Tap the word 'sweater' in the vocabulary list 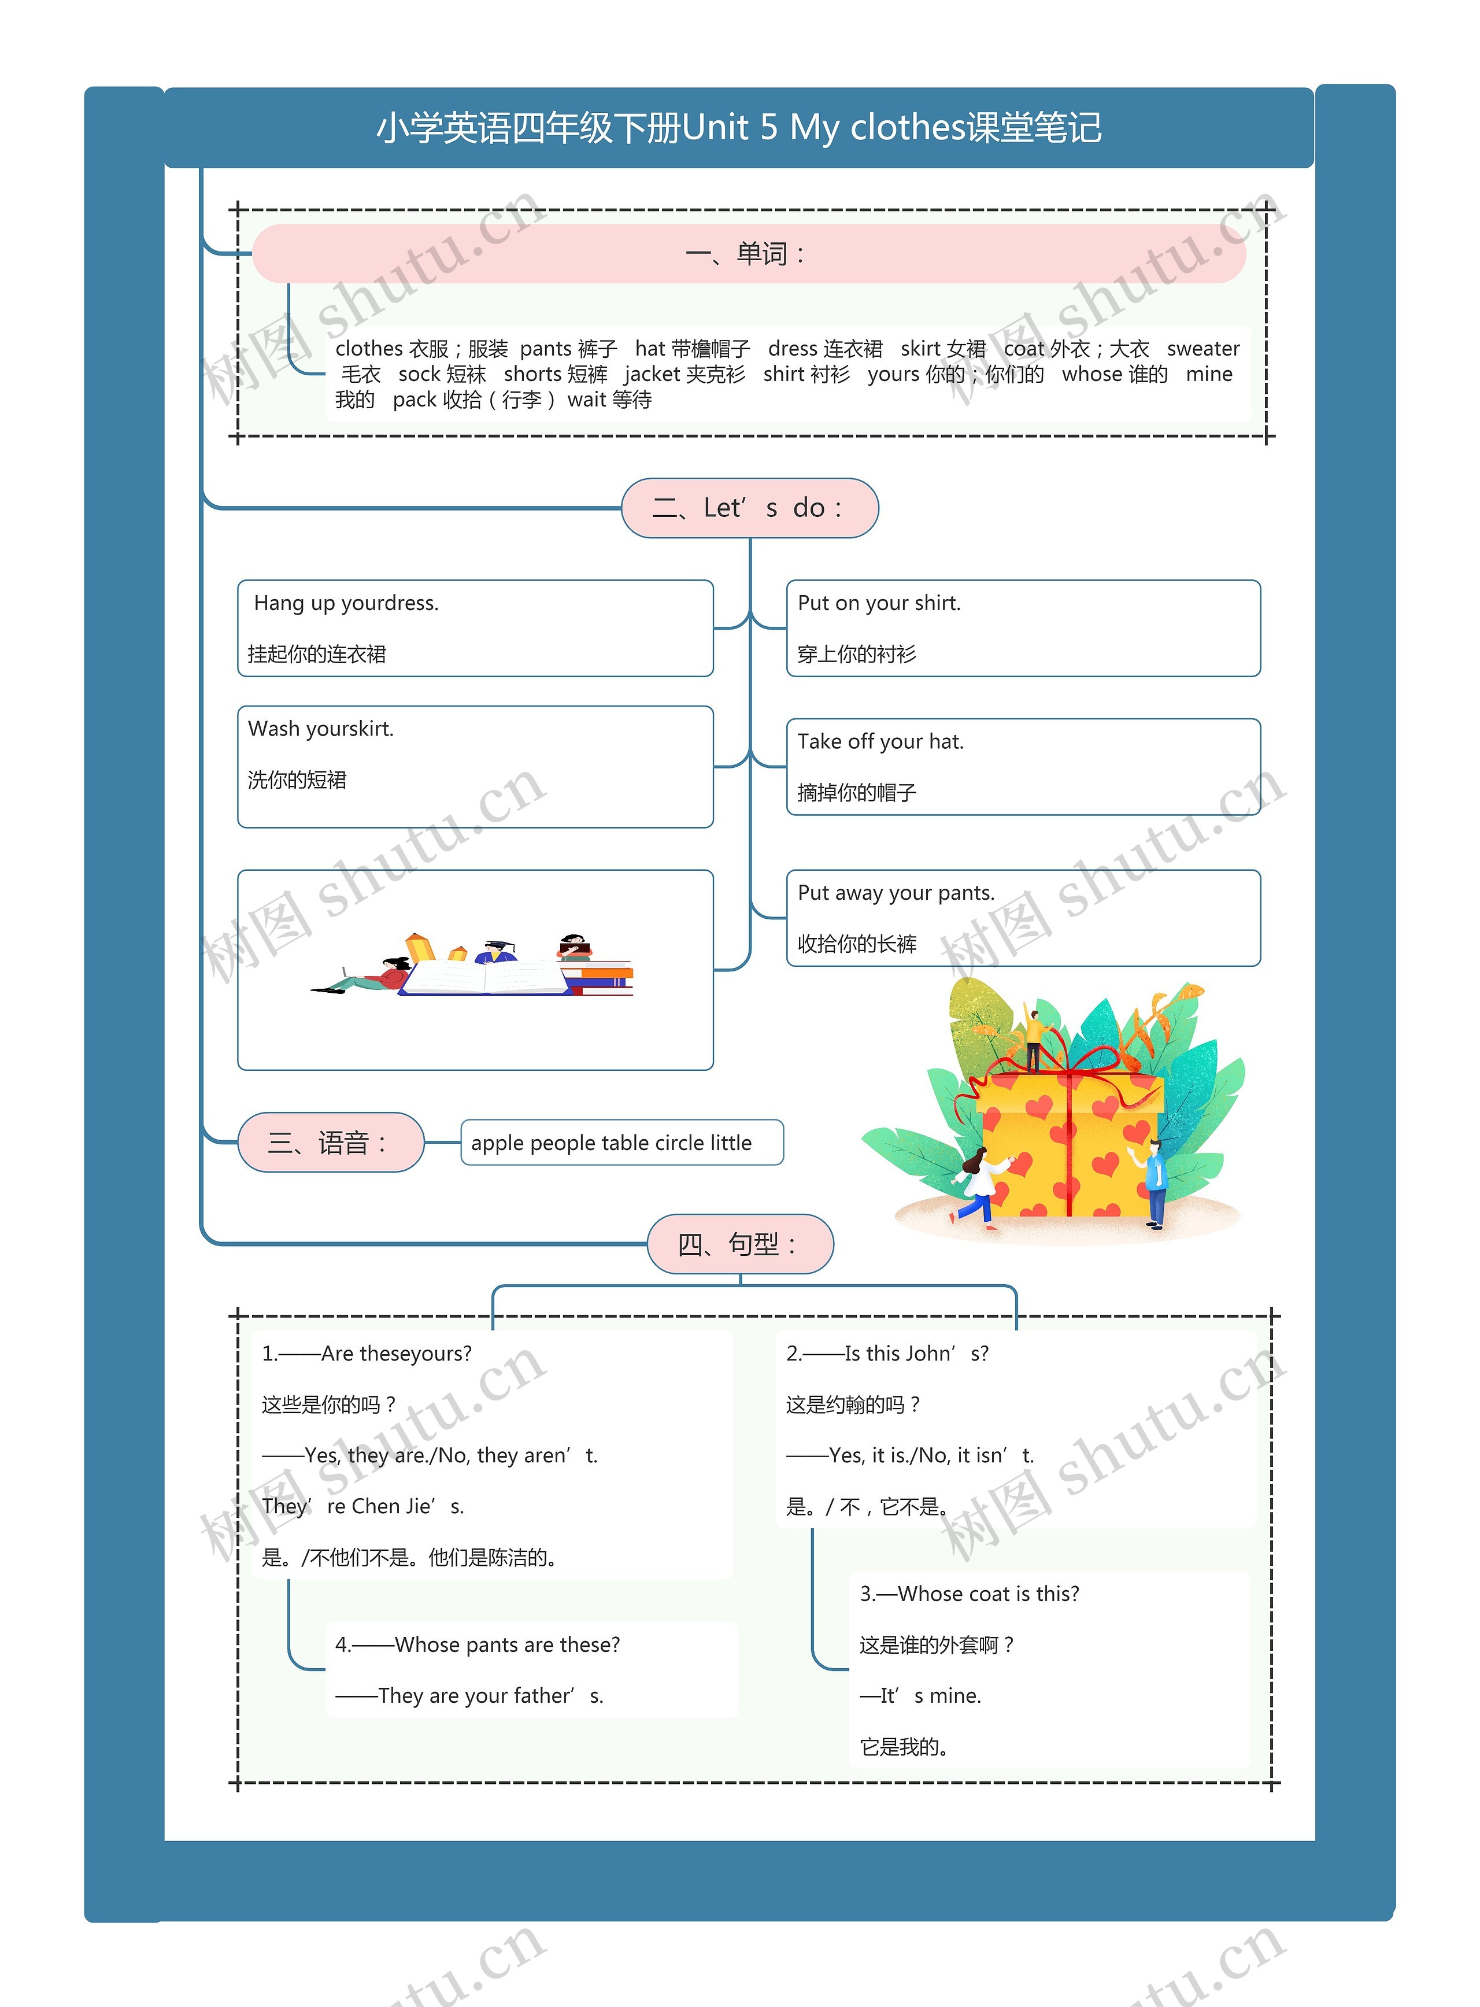point(1202,349)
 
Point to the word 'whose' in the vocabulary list point(1089,375)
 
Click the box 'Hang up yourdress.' point(475,627)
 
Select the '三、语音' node point(330,1143)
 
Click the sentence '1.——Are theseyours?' point(367,1354)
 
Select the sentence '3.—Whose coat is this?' point(970,1594)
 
